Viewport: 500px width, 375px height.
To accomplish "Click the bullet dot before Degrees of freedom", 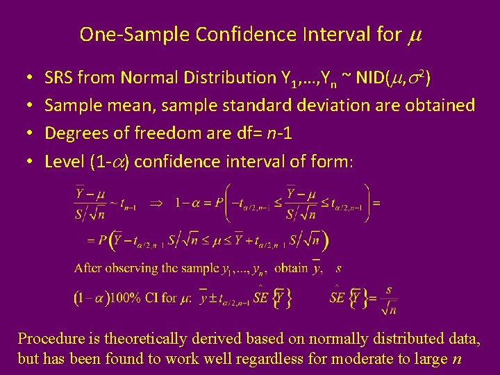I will point(24,134).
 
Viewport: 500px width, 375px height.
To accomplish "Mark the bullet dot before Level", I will point(24,162).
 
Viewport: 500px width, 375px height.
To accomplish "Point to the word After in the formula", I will point(88,268).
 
